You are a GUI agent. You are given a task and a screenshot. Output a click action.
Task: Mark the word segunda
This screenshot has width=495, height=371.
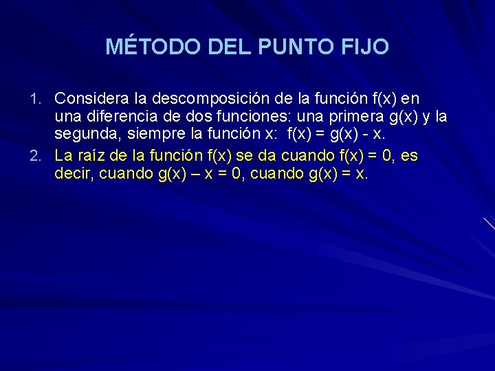[x=83, y=137]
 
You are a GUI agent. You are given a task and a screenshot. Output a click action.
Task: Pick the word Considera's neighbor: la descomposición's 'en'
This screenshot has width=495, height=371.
[x=411, y=99]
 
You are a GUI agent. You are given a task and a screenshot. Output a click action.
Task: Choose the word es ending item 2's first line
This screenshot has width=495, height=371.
[x=408, y=155]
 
